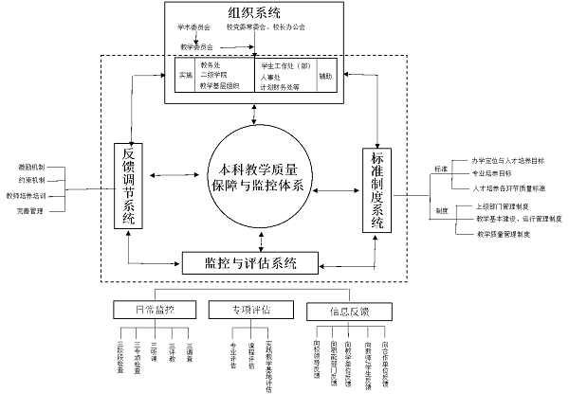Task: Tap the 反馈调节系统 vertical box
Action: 126,186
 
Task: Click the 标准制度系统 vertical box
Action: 376,191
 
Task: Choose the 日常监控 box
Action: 155,309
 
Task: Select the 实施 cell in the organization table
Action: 185,75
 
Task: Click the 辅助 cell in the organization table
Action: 325,75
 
